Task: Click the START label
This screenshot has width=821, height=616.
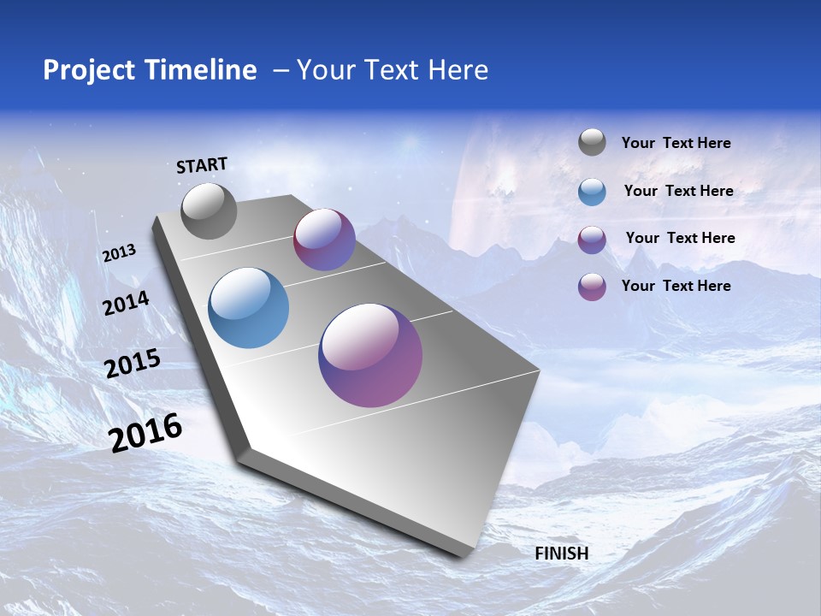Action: click(x=202, y=165)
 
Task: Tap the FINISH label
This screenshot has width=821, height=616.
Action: click(x=561, y=554)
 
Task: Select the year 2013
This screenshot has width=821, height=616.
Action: click(x=119, y=253)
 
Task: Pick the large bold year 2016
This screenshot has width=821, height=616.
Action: click(x=145, y=433)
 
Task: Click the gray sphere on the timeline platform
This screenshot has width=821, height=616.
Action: click(x=209, y=211)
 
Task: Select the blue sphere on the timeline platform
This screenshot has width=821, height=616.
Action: click(x=248, y=308)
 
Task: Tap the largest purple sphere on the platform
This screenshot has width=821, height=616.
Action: click(x=370, y=355)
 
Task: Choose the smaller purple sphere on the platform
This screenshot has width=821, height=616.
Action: click(x=324, y=240)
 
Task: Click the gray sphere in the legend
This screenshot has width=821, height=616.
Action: click(x=592, y=143)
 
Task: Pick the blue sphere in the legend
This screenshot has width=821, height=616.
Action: click(x=592, y=192)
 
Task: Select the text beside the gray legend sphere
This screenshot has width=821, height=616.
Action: click(x=676, y=144)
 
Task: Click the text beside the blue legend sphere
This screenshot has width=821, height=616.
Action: click(x=678, y=192)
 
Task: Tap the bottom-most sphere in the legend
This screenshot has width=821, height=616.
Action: click(x=592, y=287)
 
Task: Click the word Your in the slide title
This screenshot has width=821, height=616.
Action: click(x=324, y=70)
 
